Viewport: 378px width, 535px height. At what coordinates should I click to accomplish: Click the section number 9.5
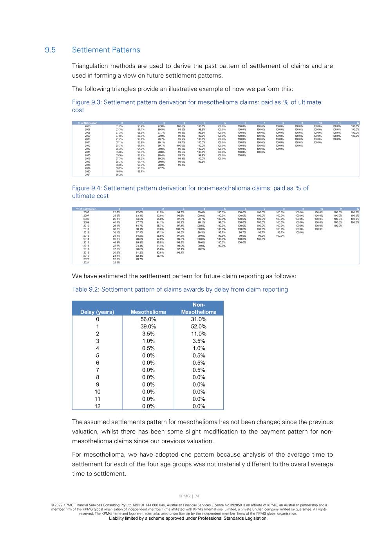(50, 50)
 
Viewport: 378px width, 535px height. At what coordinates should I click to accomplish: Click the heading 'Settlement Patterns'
(106, 50)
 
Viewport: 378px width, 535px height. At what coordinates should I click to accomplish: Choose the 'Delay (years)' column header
(97, 312)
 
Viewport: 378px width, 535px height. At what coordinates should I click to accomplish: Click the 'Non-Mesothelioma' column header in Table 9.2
(199, 308)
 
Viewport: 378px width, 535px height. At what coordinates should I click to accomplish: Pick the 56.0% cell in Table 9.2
(148, 319)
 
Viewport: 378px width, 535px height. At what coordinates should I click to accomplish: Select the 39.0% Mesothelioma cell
(148, 326)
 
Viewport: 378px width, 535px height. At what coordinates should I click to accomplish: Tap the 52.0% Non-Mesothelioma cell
(199, 326)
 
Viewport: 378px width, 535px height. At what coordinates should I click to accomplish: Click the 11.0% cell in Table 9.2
(199, 334)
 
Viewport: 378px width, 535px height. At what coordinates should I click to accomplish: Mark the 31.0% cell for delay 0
(199, 319)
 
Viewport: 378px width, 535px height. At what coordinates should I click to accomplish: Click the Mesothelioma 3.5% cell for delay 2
(148, 334)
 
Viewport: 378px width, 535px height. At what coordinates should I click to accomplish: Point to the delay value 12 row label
(97, 406)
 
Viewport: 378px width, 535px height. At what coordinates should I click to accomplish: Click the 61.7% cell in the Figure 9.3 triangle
(119, 126)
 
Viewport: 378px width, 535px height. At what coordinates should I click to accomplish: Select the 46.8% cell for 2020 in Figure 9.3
(119, 171)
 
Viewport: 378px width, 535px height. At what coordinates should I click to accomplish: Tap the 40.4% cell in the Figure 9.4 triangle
(116, 222)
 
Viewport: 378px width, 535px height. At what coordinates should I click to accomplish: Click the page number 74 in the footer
(197, 496)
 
